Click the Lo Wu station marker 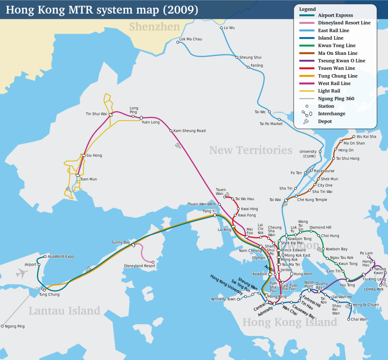(x=221, y=28)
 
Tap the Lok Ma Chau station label (x=191, y=39)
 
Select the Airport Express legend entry (x=335, y=15)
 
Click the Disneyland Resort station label (x=139, y=266)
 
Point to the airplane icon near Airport (x=22, y=273)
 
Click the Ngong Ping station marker (x=2, y=326)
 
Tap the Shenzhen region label (x=154, y=26)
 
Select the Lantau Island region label (x=64, y=311)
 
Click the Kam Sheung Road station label (x=189, y=131)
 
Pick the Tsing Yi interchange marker (x=215, y=215)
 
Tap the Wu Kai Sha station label (x=366, y=137)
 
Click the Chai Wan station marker (x=349, y=319)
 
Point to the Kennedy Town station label (x=223, y=299)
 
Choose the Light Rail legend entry (x=329, y=91)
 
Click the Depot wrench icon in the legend (x=306, y=122)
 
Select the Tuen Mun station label (x=88, y=179)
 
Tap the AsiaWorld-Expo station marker (x=45, y=256)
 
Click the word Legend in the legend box (x=307, y=9)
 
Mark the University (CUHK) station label (x=308, y=154)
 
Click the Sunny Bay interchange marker (x=133, y=245)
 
